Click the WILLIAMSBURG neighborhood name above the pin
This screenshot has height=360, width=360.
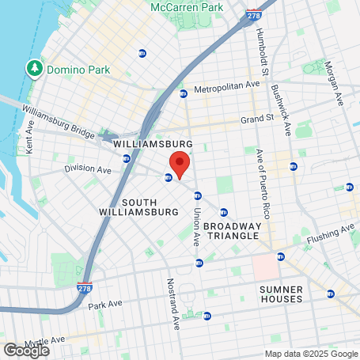153,144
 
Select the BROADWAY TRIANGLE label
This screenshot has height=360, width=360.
232,230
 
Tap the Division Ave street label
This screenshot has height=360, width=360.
87,169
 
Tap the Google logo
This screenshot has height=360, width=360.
26,349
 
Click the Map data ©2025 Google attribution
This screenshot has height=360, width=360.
310,354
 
